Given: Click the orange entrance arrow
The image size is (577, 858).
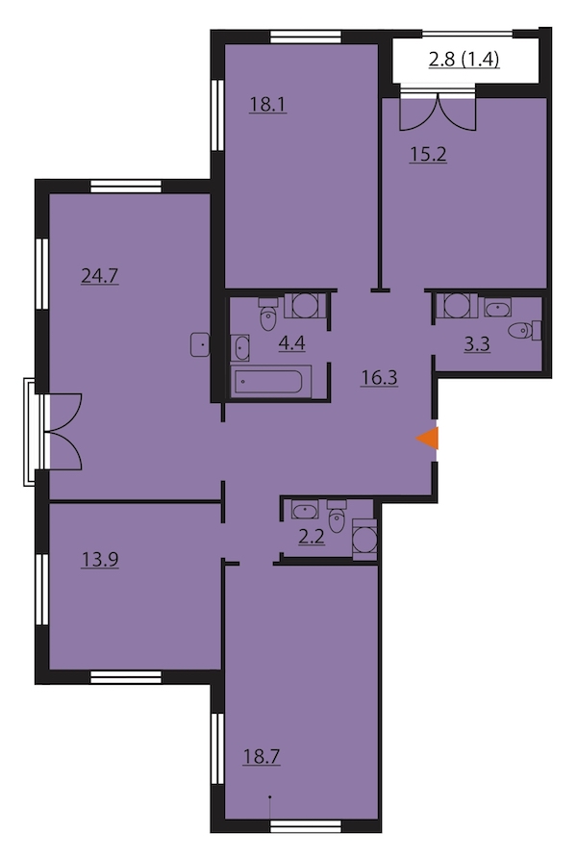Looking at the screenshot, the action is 428,438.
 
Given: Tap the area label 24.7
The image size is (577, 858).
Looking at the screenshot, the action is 100,276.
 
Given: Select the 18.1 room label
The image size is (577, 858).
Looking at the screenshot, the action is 268,104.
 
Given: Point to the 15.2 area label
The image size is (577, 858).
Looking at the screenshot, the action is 428,154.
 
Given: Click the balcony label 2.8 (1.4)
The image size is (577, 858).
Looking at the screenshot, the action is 464,59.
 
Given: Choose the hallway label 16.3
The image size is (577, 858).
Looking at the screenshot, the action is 379,377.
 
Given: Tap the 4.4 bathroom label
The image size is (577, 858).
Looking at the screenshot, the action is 292,343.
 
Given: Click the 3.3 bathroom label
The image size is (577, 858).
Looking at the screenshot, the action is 477,344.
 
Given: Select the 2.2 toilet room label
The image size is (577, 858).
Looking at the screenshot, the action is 312,537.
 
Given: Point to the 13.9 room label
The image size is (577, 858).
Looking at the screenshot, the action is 100,559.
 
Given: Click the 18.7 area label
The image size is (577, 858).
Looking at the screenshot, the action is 262,757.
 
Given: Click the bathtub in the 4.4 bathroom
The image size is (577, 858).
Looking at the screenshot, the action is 271,382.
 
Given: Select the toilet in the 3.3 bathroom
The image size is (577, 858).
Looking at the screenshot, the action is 524,331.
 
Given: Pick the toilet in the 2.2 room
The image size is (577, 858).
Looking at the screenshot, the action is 337,516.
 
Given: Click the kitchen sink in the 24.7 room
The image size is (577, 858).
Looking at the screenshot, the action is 200,344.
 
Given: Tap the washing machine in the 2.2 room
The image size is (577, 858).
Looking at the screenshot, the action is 364,540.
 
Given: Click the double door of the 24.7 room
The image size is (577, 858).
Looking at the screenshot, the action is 64,431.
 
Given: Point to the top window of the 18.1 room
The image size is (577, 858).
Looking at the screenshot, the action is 306,38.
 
